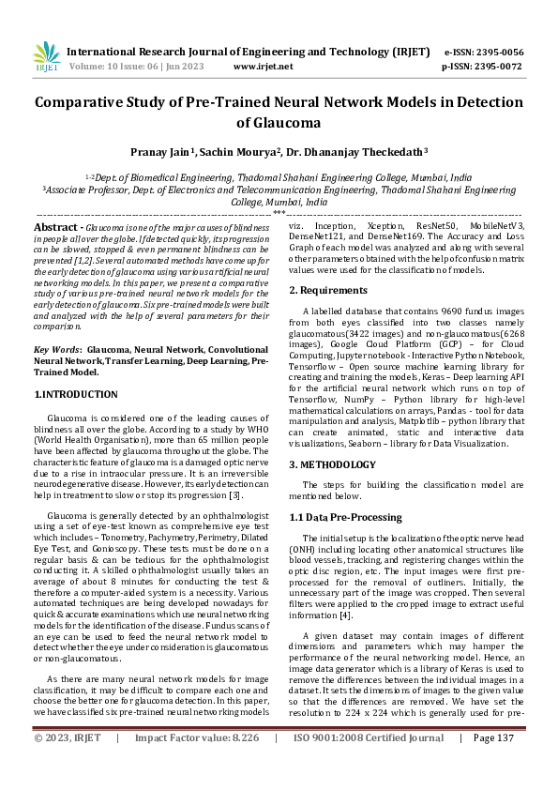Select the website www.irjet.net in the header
[263, 67]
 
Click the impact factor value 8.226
[243, 764]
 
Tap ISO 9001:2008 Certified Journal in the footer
[369, 764]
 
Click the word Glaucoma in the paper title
[279, 122]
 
